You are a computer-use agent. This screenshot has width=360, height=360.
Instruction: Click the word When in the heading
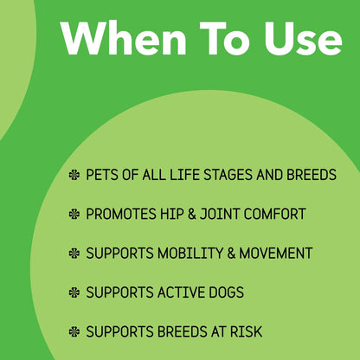coord(125,37)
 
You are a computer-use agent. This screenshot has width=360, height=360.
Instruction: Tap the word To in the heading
coord(225,38)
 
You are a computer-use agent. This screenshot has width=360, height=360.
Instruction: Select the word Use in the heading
coord(302,38)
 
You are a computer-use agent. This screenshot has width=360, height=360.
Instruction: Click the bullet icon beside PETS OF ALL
coord(74,175)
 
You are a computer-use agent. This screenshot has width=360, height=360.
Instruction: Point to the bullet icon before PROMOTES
coord(74,214)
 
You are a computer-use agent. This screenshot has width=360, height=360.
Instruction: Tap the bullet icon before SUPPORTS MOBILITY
coord(74,254)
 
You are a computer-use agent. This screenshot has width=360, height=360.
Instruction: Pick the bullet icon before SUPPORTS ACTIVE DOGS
coord(74,292)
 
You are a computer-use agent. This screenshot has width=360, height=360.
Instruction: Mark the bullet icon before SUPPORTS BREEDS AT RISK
coord(74,331)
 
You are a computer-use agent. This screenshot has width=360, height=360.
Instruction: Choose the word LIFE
coord(185,175)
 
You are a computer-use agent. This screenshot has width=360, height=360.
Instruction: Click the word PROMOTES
coord(121,214)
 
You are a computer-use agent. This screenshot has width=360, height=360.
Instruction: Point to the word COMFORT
coord(274,214)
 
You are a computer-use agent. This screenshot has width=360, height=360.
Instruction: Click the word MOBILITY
coord(190,254)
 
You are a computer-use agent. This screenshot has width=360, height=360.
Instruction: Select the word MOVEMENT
coord(276,254)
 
